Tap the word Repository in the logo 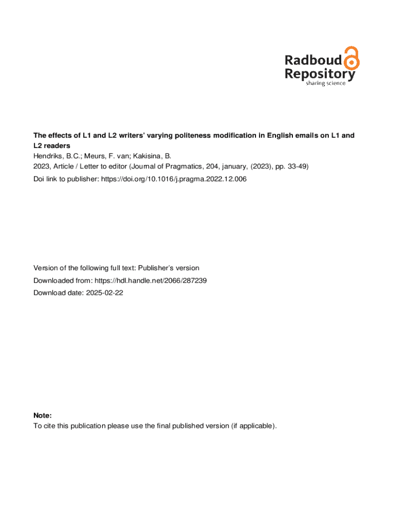[319, 74]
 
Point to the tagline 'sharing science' [326, 83]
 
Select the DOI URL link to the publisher [174, 179]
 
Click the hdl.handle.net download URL [151, 280]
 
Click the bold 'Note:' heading [43, 415]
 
